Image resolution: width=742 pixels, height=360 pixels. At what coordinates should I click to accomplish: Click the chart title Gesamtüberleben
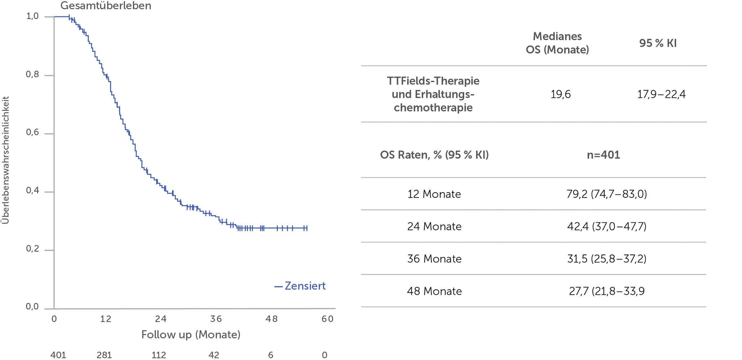(106, 6)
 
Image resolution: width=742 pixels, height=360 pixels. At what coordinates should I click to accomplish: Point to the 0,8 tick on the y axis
(32, 74)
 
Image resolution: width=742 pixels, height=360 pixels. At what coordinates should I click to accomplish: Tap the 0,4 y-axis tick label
(32, 191)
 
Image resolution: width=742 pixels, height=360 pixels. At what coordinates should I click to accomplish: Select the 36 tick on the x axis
(216, 319)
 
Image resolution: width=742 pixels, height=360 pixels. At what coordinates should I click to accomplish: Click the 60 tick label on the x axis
(327, 319)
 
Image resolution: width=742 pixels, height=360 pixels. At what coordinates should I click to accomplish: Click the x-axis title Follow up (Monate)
(191, 334)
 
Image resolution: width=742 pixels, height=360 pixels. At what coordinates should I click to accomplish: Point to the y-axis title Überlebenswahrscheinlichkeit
(5, 160)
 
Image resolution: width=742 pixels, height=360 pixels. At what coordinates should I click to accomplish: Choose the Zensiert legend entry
(300, 286)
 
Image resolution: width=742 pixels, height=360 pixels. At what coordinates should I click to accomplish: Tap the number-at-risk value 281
(104, 355)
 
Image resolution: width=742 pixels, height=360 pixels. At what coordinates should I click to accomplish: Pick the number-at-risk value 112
(159, 355)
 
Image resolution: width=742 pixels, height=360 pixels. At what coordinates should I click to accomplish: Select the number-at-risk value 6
(271, 355)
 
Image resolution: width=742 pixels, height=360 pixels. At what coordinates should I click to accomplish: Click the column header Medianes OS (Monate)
(557, 43)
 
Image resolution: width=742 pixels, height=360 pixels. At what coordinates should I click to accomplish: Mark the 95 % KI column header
(658, 43)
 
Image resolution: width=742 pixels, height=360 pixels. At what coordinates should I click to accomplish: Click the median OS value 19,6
(560, 94)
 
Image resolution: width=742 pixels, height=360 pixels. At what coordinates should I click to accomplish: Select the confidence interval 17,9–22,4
(661, 94)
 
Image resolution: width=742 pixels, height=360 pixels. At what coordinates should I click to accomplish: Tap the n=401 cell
(603, 155)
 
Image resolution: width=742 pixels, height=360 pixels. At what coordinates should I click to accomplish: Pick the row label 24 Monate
(434, 227)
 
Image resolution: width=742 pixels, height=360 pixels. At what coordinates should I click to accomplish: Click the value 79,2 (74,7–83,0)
(607, 194)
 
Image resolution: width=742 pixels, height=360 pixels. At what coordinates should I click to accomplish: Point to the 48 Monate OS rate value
(607, 291)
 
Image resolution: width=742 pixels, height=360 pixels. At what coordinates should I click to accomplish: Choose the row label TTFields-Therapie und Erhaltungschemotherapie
(433, 94)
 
